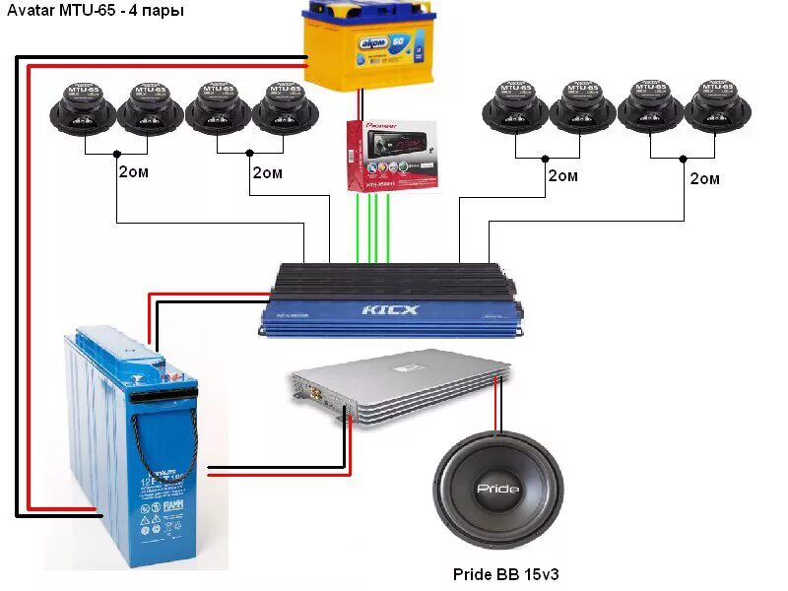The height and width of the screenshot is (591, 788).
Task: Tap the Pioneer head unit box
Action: tap(390, 155)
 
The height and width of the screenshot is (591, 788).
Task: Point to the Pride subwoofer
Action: tap(498, 489)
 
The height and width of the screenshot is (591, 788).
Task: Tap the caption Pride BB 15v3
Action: tap(505, 573)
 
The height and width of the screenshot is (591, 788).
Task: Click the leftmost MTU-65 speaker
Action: tap(84, 106)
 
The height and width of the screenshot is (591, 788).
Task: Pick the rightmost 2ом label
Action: tap(704, 178)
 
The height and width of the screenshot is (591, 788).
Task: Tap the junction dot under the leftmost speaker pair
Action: tap(117, 154)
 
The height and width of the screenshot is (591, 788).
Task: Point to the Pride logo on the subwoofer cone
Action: tap(498, 490)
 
